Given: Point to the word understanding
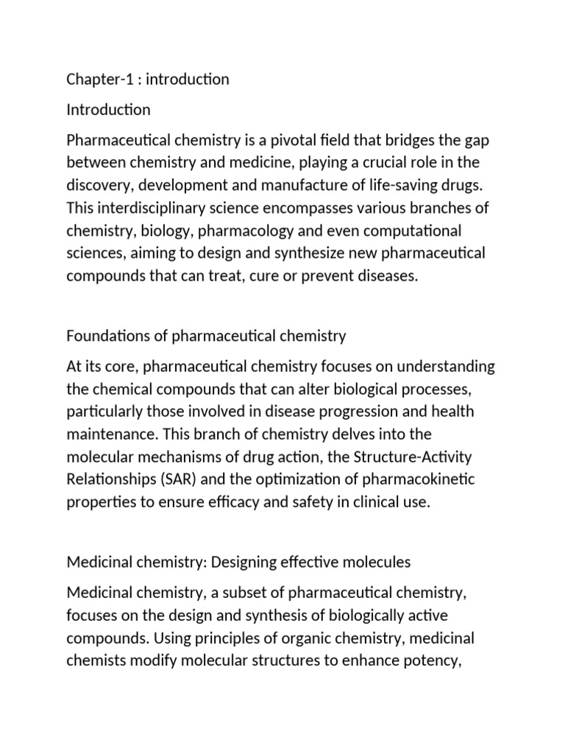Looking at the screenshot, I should (443, 366).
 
